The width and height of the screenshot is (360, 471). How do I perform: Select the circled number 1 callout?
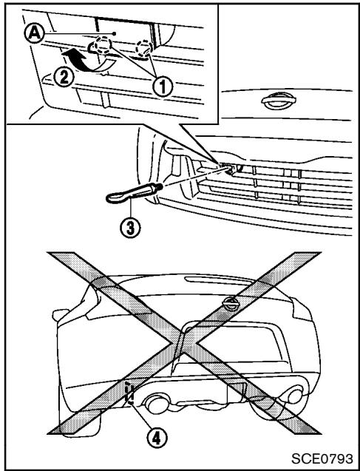point(163,87)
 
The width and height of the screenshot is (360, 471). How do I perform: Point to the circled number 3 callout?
point(130,228)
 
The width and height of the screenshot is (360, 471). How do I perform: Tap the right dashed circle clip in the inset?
point(144,48)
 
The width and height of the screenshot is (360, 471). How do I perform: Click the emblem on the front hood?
point(279,101)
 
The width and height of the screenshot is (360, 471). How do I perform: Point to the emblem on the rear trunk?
point(231,304)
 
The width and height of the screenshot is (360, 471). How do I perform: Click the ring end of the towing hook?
point(118,198)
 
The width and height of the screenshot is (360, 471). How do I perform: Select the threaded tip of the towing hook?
point(159,186)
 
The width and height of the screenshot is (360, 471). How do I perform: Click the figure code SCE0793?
point(322,459)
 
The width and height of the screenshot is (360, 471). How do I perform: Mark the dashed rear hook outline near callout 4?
point(129,393)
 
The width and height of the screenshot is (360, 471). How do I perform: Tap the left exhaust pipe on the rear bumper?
point(155,404)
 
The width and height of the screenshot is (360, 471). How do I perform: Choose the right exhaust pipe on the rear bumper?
point(295,396)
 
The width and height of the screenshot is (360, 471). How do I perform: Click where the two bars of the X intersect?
point(184,343)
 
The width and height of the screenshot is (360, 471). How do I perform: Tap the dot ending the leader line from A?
point(114,33)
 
